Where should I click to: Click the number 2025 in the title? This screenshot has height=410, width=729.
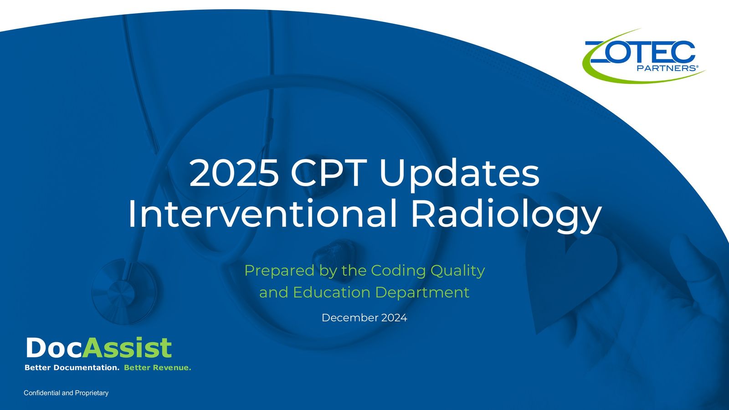tap(234, 173)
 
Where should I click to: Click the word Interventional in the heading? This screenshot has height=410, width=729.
tap(262, 214)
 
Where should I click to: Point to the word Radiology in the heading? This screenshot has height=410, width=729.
tap(506, 216)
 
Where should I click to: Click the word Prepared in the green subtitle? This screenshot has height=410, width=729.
tap(279, 271)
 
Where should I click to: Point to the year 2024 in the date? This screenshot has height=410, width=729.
tap(394, 318)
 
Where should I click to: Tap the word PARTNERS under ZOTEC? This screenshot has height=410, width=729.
tap(667, 68)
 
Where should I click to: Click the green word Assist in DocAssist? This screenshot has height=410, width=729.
tap(127, 348)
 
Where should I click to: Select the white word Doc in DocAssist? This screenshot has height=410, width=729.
tap(54, 348)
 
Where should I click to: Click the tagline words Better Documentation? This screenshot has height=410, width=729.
tap(72, 368)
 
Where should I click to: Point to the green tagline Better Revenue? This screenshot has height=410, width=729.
tap(158, 368)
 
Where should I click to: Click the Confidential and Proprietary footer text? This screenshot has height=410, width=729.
tap(66, 393)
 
